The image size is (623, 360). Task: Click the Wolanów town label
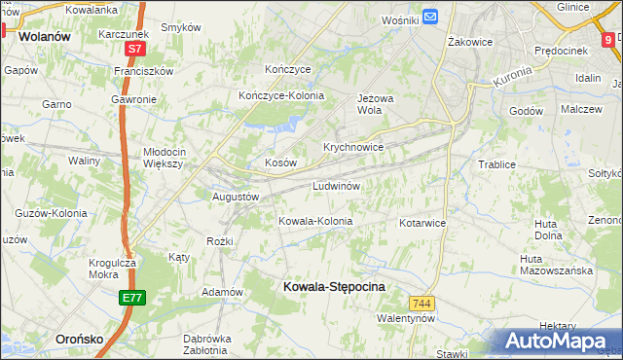pyautogui.click(x=43, y=37)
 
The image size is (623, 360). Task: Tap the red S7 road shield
pyautogui.click(x=135, y=48)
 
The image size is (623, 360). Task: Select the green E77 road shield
pyautogui.click(x=133, y=298)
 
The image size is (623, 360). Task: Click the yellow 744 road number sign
pyautogui.click(x=421, y=304)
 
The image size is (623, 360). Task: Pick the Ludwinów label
pyautogui.click(x=338, y=186)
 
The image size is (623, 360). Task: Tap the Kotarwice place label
pyautogui.click(x=421, y=223)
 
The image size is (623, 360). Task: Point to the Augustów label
pyautogui.click(x=236, y=197)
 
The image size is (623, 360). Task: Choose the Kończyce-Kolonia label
pyautogui.click(x=281, y=95)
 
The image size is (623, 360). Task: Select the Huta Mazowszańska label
pyautogui.click(x=556, y=265)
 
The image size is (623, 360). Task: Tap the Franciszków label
pyautogui.click(x=143, y=71)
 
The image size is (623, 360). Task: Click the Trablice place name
pyautogui.click(x=496, y=164)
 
